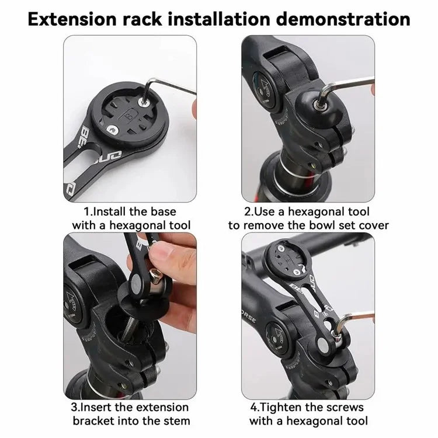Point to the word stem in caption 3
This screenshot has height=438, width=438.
pos(175,420)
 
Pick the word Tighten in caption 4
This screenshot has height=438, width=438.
pos(288,407)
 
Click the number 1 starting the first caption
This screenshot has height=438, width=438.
pos(87,211)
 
